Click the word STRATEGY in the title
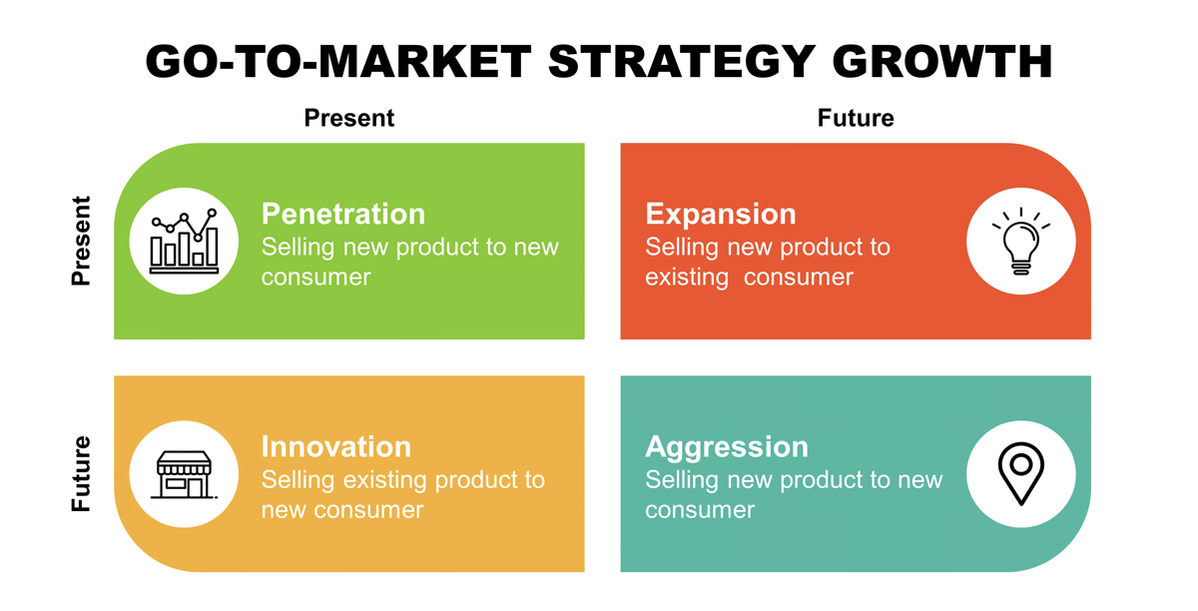682,62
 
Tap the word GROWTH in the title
942,62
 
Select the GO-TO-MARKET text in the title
338,62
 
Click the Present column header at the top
349,118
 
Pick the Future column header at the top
856,118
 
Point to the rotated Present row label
81,241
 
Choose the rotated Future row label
81,473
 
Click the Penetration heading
343,214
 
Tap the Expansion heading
721,215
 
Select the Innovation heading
336,446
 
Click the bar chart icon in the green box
184,241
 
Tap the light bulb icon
1021,242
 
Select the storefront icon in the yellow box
184,474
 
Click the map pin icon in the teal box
1021,474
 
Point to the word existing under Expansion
687,278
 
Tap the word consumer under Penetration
316,278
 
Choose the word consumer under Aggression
700,510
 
